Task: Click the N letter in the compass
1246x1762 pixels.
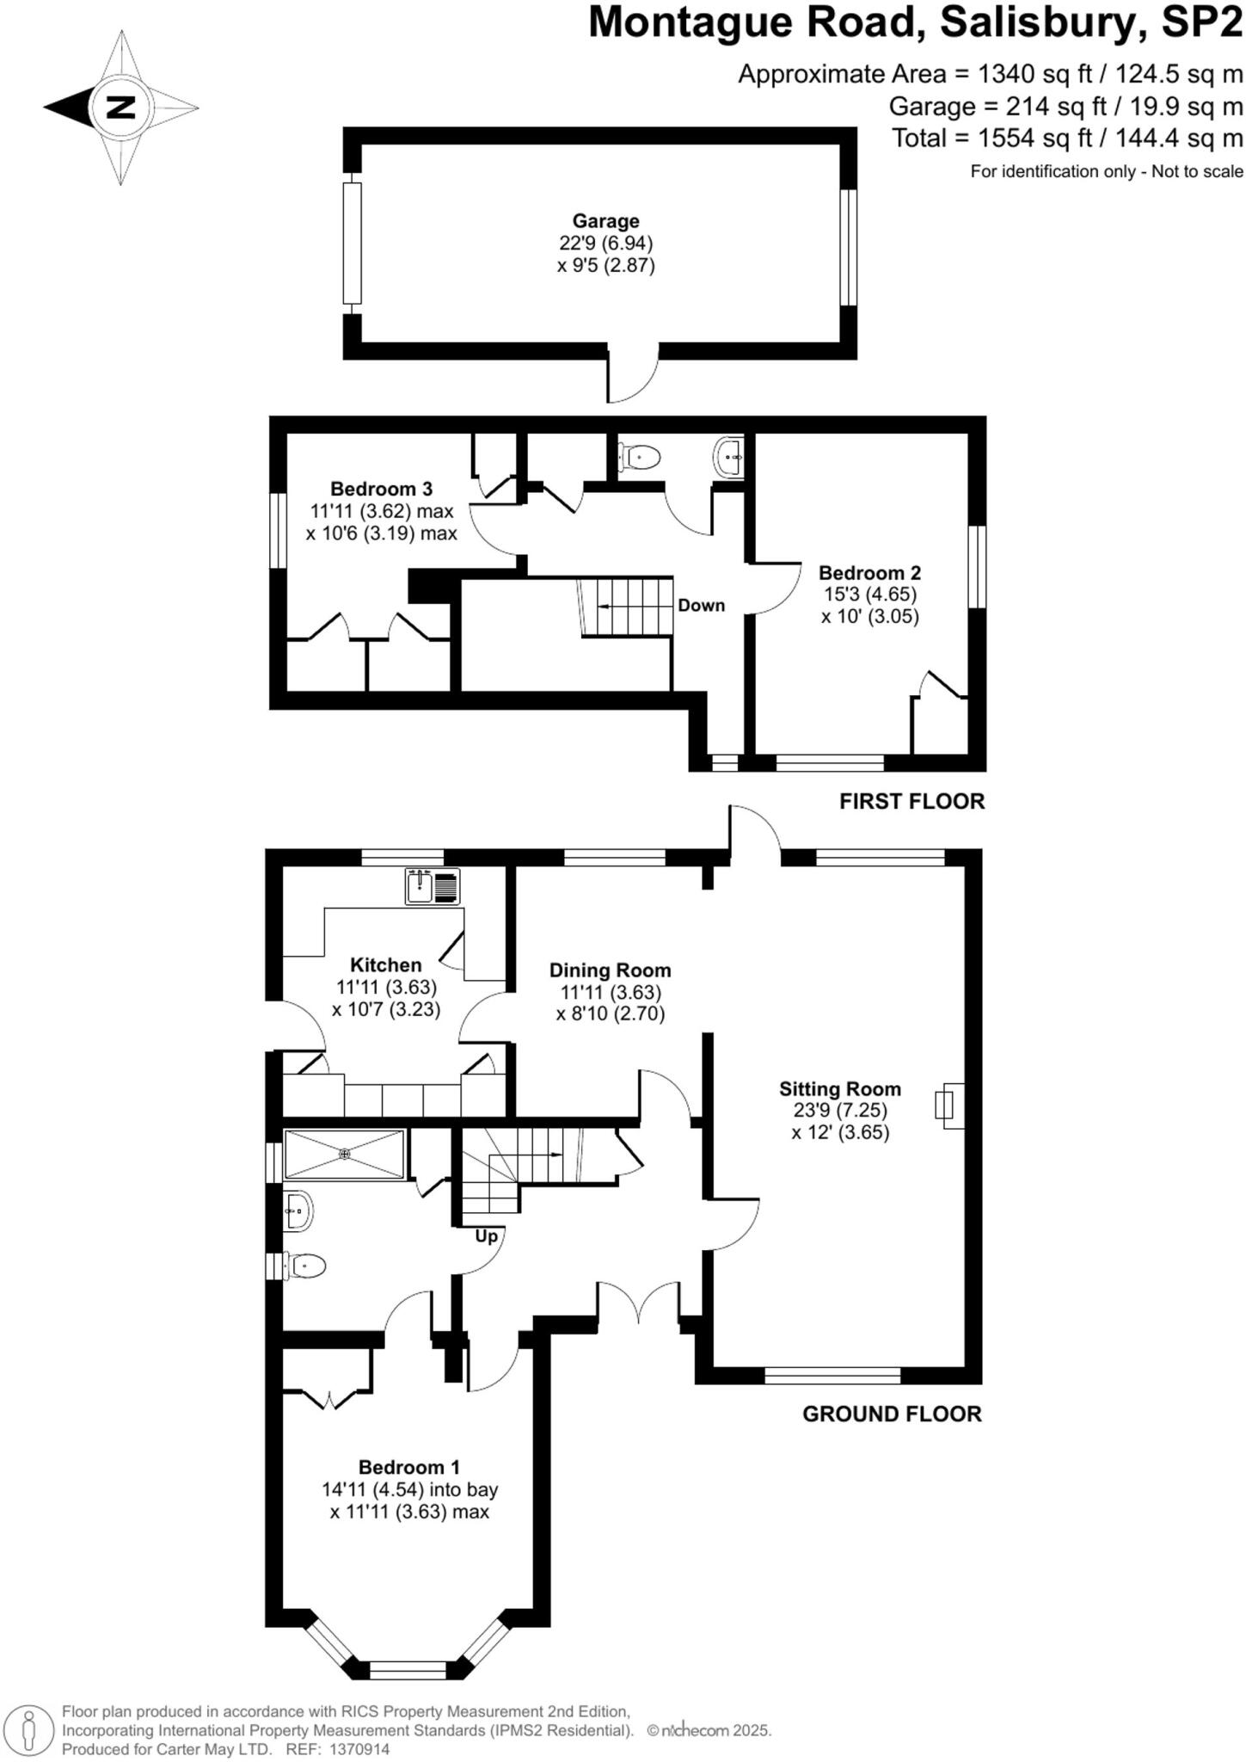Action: tap(120, 108)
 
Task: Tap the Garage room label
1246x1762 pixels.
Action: tap(605, 221)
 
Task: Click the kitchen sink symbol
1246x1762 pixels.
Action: tap(433, 886)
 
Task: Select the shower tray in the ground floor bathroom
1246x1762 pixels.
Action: tap(344, 1154)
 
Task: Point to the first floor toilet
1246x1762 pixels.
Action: tap(639, 457)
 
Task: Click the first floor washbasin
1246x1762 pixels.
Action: tap(728, 457)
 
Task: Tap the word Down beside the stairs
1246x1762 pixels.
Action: tap(701, 605)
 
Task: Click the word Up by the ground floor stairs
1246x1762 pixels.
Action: tap(487, 1236)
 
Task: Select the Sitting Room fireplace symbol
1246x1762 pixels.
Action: tap(948, 1105)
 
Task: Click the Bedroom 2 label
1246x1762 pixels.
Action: tap(869, 572)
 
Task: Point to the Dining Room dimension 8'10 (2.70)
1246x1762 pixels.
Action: tap(610, 1013)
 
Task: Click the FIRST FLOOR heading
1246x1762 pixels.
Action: tap(911, 801)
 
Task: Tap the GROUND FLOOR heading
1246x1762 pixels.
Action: tap(891, 1414)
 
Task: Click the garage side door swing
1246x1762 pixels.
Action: tap(633, 375)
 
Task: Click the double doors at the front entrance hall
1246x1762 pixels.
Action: tap(639, 1301)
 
